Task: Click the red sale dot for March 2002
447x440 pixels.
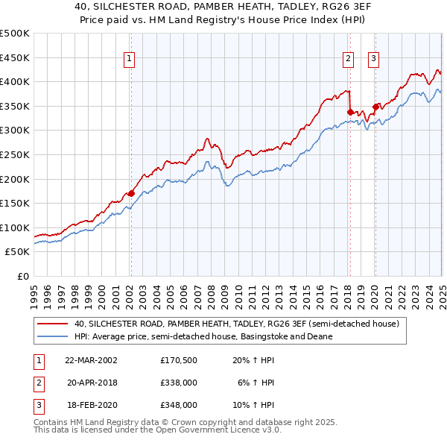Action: (x=131, y=193)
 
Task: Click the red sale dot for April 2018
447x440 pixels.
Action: (x=349, y=112)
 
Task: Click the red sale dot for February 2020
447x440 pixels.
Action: (x=375, y=107)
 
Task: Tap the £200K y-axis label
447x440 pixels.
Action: (x=15, y=179)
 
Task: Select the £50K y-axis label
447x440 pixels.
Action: (x=17, y=252)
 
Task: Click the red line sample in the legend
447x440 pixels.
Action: (x=52, y=324)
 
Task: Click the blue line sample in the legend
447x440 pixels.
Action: (x=52, y=336)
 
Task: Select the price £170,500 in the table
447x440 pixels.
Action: (x=178, y=359)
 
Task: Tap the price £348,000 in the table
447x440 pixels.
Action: (x=178, y=405)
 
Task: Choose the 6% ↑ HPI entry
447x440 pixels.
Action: (x=256, y=383)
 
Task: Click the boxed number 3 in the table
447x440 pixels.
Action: (x=38, y=405)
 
